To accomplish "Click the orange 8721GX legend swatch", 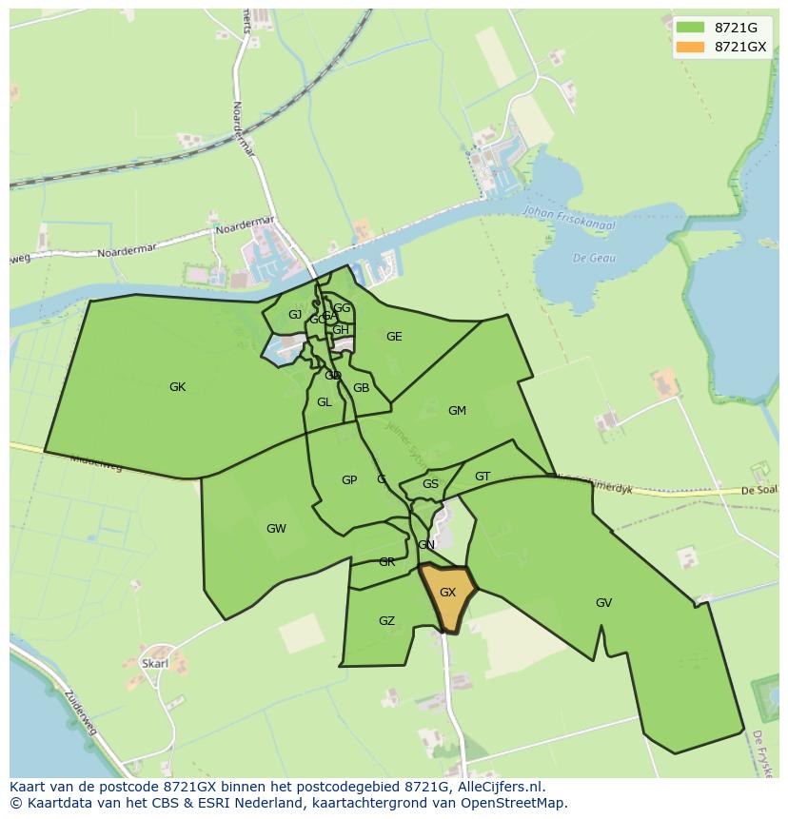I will [x=691, y=47].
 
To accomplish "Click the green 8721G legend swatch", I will [x=691, y=27].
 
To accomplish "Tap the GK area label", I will [x=177, y=387].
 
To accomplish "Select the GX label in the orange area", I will [x=447, y=593].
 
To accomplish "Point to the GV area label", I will [x=603, y=603].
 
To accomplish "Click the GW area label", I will [x=276, y=529].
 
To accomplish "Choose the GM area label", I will [x=457, y=411].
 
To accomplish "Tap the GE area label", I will [x=394, y=337].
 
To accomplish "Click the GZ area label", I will [x=386, y=621].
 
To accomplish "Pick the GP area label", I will [x=349, y=480].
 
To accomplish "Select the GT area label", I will [x=483, y=477].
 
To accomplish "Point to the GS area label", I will [x=430, y=484].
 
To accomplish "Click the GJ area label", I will [x=295, y=315].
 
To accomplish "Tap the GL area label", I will [x=325, y=402].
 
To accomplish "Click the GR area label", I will [x=386, y=562].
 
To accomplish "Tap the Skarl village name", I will [x=154, y=663].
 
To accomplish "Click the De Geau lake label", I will [x=594, y=258].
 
